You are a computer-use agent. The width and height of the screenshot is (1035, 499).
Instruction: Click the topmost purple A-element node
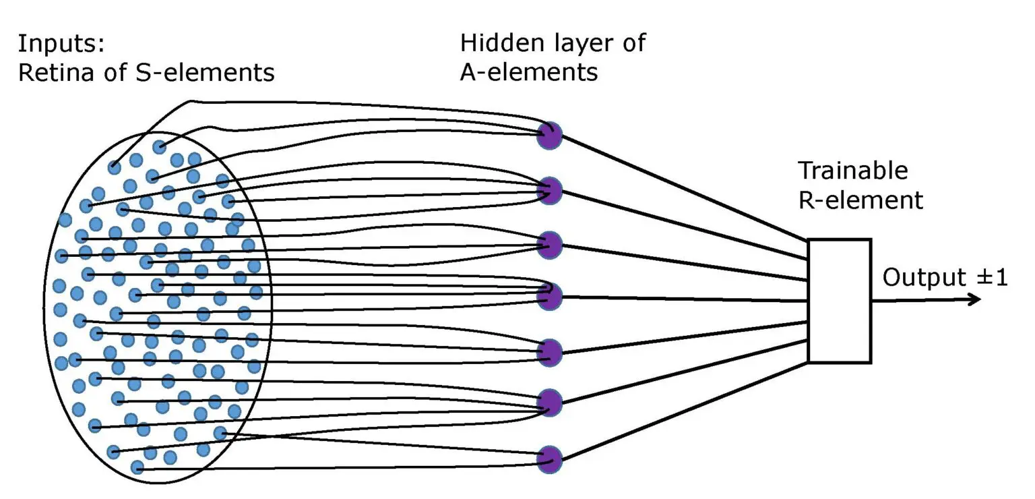tap(549, 136)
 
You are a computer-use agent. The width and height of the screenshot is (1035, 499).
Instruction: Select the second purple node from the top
tap(549, 190)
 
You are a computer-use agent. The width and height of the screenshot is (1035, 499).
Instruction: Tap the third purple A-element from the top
tap(549, 245)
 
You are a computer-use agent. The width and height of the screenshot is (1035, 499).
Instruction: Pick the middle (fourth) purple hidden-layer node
tap(549, 295)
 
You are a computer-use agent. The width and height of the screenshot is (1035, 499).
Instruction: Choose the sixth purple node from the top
tap(549, 403)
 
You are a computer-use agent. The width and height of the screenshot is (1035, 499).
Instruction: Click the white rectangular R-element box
tap(839, 301)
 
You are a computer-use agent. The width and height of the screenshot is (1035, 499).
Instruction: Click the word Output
tap(920, 278)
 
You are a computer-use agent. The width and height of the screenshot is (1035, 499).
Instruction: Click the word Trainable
tap(852, 171)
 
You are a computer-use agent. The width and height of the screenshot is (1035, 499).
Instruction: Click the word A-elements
tap(529, 71)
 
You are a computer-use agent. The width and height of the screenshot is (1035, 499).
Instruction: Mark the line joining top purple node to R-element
tap(681, 188)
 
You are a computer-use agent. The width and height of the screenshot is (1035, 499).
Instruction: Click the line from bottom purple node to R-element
tap(681, 411)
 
